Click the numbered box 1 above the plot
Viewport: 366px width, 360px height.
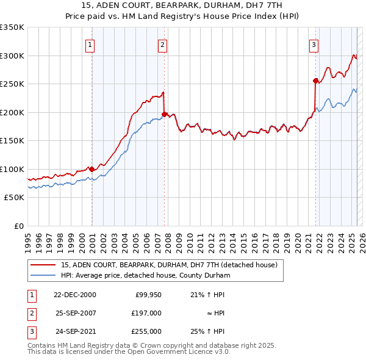tap(90, 44)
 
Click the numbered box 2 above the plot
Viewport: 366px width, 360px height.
tap(163, 44)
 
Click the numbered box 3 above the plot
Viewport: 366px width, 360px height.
tap(314, 44)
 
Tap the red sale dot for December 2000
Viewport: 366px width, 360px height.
tap(91, 169)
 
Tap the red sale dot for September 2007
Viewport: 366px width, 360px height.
tap(165, 113)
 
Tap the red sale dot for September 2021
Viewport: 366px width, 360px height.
tap(315, 81)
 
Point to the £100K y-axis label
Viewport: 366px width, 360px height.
tap(12, 169)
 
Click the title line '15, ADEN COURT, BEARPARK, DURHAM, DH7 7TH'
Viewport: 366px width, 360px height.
tap(183, 5)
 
